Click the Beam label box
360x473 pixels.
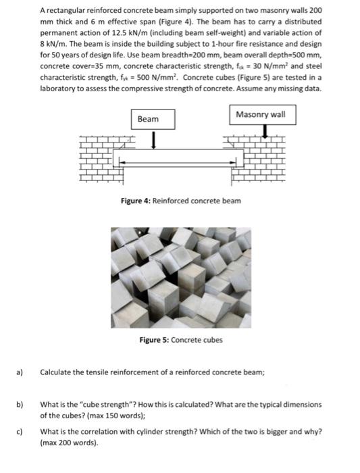[148, 119]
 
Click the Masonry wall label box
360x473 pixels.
[260, 114]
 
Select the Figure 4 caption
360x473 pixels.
[180, 201]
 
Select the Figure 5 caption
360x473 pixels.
[180, 340]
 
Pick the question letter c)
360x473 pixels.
[20, 431]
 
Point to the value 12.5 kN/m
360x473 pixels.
[157, 32]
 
